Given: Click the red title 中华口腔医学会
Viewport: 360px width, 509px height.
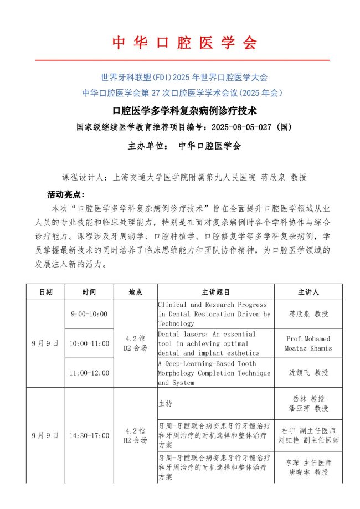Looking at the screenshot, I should pyautogui.click(x=185, y=43).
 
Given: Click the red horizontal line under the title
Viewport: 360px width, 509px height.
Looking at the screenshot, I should pyautogui.click(x=182, y=60).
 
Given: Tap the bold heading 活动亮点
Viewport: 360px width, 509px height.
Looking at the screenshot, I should pyautogui.click(x=65, y=195).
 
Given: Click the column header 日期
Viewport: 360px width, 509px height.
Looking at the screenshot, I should pyautogui.click(x=45, y=291).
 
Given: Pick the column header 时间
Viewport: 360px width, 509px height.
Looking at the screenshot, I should pyautogui.click(x=89, y=291).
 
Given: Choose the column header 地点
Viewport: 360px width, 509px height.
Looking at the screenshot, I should pyautogui.click(x=135, y=291).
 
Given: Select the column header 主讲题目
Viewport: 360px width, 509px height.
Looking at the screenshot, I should pyautogui.click(x=215, y=291).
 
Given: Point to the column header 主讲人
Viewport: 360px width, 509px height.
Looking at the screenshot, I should pyautogui.click(x=308, y=291).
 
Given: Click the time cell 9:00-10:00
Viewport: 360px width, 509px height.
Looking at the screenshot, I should pyautogui.click(x=89, y=314).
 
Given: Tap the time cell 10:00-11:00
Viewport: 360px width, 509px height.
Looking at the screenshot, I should pyautogui.click(x=89, y=343).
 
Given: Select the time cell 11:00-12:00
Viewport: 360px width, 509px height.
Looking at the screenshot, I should pyautogui.click(x=89, y=373).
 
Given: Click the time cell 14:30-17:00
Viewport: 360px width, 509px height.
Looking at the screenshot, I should pyautogui.click(x=89, y=435).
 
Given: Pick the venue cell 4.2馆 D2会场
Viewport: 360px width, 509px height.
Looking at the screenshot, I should pyautogui.click(x=135, y=343).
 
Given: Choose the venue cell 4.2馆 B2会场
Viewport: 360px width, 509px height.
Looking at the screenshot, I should pyautogui.click(x=135, y=435).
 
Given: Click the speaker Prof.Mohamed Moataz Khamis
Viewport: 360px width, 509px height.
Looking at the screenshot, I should pyautogui.click(x=308, y=343).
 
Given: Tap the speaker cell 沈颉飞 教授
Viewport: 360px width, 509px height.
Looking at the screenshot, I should pyautogui.click(x=308, y=373).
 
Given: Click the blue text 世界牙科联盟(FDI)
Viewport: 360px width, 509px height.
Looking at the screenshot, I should pyautogui.click(x=136, y=76).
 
